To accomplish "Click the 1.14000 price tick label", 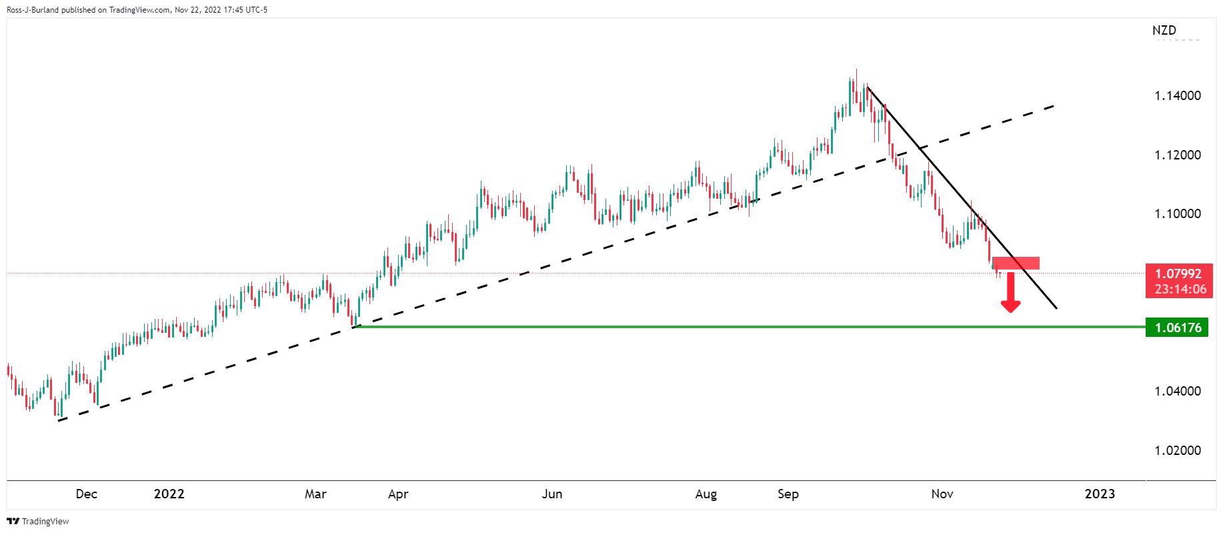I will point(1177,95).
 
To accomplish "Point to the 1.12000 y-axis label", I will point(1177,155).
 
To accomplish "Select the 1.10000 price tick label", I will point(1177,213).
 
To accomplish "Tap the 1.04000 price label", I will point(1177,391).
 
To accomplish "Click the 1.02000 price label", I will point(1177,450).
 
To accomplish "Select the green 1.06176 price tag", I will point(1177,328).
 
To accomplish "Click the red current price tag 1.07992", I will point(1178,280).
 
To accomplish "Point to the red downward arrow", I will point(1010,294).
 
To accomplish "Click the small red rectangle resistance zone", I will point(1016,263).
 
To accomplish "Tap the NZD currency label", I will point(1164,31).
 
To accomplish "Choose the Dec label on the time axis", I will point(87,494).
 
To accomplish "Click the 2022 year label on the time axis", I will point(169,494).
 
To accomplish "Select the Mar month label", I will point(315,494).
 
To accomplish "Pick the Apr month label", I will point(398,494).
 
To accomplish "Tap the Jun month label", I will point(552,494).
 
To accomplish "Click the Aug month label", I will point(706,494).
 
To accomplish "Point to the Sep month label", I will point(788,494).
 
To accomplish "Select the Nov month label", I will point(942,494).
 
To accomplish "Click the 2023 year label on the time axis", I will point(1100,494).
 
